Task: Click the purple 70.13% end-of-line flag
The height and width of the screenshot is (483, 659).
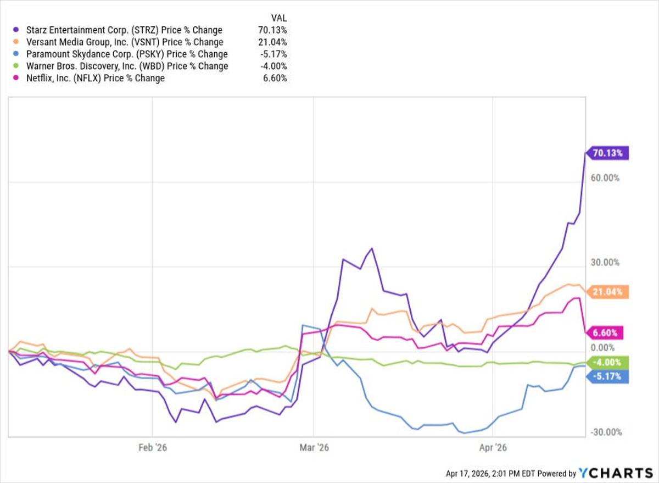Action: (607, 154)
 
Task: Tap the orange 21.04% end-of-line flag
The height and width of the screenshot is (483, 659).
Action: (607, 292)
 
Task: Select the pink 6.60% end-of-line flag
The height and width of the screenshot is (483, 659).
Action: (606, 332)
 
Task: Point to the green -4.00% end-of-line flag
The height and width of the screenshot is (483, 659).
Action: (606, 363)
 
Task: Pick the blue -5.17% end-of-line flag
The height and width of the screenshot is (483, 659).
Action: (606, 377)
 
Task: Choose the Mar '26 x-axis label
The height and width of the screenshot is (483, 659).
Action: (314, 448)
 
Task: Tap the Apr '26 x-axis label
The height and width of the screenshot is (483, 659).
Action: (493, 448)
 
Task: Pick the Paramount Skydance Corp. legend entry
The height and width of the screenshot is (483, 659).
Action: (122, 54)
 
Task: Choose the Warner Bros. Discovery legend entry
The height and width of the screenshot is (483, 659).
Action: (122, 66)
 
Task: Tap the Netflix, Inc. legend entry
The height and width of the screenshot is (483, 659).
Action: (91, 79)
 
